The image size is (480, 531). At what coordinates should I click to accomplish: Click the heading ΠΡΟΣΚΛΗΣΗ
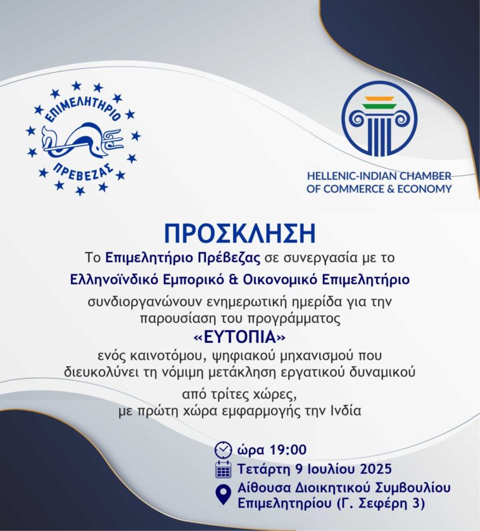[x=239, y=233]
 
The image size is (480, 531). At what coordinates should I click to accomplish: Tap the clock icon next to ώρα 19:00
[x=223, y=450]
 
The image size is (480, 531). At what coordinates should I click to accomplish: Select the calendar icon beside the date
[x=223, y=470]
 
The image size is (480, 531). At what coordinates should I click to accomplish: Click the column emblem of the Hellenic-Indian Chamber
[x=379, y=118]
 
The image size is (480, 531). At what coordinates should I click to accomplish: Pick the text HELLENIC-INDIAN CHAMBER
[x=379, y=176]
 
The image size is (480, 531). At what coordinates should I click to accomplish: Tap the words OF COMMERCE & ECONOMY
[x=379, y=188]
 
